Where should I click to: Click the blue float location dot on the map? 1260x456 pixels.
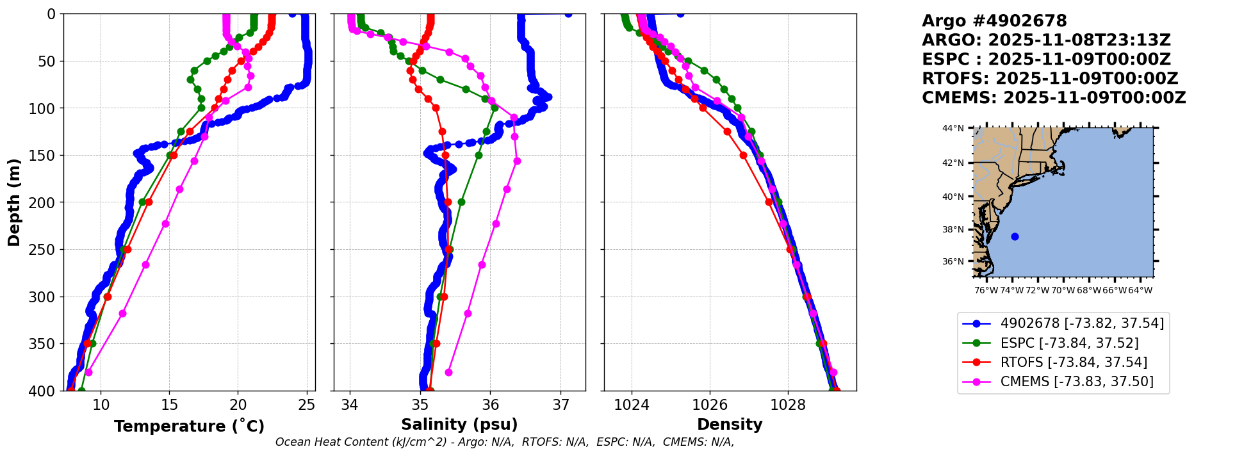[1015, 237]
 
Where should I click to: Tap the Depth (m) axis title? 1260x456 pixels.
[14, 202]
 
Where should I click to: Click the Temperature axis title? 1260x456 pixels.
[189, 427]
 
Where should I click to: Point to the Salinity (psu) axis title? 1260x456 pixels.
[459, 425]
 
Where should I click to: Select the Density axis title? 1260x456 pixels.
[730, 425]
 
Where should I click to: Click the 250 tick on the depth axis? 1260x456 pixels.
[45, 250]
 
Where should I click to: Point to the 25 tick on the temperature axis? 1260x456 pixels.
[307, 405]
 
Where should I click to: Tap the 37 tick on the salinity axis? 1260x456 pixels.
[561, 405]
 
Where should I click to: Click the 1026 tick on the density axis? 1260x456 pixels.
[710, 405]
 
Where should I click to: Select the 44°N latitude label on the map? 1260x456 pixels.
[953, 129]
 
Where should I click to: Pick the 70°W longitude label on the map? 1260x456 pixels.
[1063, 290]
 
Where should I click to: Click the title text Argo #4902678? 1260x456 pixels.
[994, 21]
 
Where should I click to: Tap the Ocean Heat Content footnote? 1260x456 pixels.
[505, 442]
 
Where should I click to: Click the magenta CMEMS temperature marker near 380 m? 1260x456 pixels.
[88, 372]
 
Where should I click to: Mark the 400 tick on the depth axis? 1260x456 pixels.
[45, 391]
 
